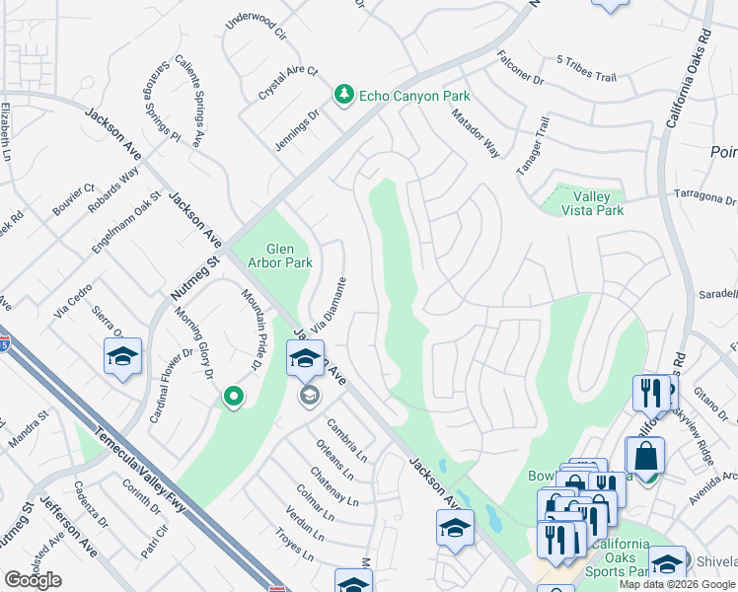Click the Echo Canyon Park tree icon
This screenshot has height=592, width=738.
click(x=343, y=95)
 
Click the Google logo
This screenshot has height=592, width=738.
click(x=33, y=580)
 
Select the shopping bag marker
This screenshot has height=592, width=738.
click(x=644, y=455)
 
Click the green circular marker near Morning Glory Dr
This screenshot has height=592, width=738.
click(x=234, y=397)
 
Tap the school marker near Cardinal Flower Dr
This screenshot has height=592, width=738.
click(x=122, y=356)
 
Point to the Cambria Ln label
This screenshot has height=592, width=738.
click(x=348, y=439)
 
